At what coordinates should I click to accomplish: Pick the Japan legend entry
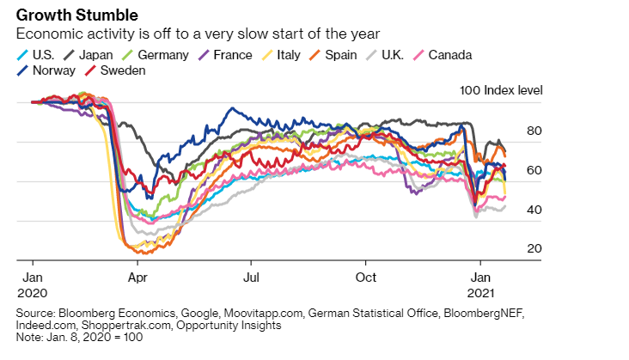click(97, 55)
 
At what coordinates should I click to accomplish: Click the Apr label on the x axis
click(137, 278)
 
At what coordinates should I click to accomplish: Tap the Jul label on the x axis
click(250, 278)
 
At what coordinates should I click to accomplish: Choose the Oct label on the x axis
click(366, 278)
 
